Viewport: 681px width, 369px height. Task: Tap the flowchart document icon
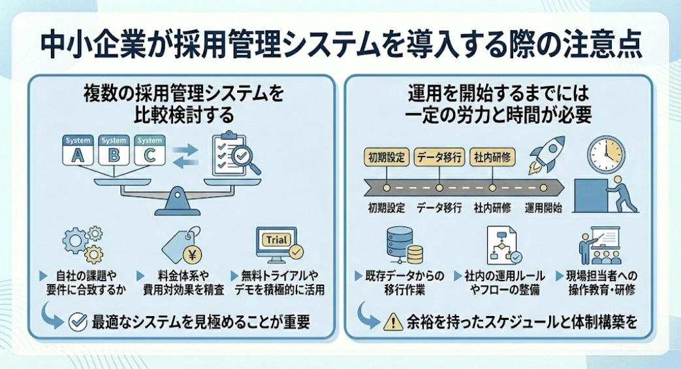click(x=503, y=245)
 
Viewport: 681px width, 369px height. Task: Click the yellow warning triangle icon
click(x=393, y=321)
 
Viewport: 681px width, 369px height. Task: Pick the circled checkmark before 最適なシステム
click(x=78, y=321)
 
